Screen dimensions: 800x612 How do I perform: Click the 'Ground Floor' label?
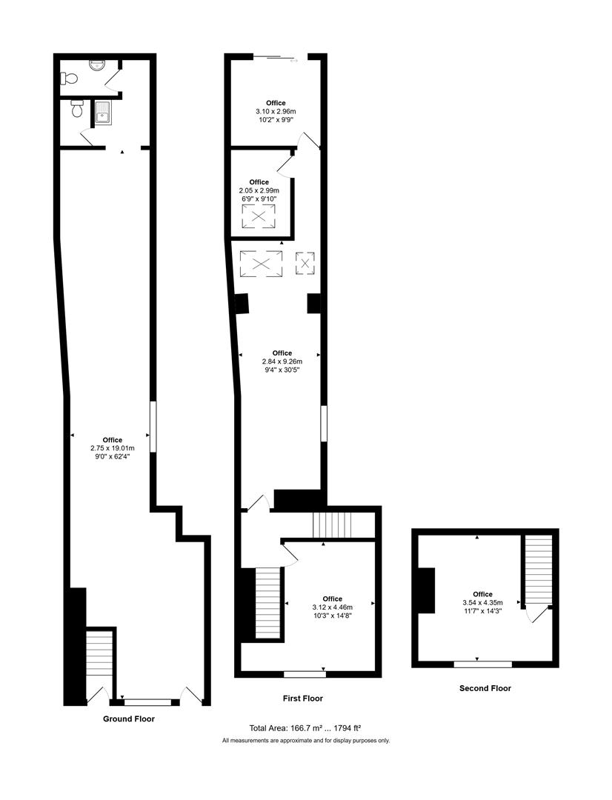tap(129, 719)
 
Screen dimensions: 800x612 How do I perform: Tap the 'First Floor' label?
tap(302, 699)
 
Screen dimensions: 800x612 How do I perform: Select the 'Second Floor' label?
tap(485, 688)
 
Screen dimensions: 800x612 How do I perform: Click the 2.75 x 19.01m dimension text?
tap(113, 448)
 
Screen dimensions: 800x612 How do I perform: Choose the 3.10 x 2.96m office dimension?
tap(276, 112)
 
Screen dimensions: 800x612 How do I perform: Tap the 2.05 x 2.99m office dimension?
tap(259, 190)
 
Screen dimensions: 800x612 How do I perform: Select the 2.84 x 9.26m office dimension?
tap(282, 361)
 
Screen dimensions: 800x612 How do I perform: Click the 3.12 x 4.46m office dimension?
tap(332, 607)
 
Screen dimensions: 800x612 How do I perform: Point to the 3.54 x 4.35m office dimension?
tap(482, 602)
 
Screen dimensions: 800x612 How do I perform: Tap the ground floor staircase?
tap(99, 659)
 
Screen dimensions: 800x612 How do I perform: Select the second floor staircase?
tap(539, 570)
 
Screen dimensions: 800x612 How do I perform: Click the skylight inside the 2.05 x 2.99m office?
tap(259, 216)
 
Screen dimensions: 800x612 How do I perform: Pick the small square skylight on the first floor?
tap(305, 262)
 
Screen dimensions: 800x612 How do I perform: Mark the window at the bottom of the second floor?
tap(483, 664)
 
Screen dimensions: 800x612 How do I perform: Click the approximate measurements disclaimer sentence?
tap(305, 741)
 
